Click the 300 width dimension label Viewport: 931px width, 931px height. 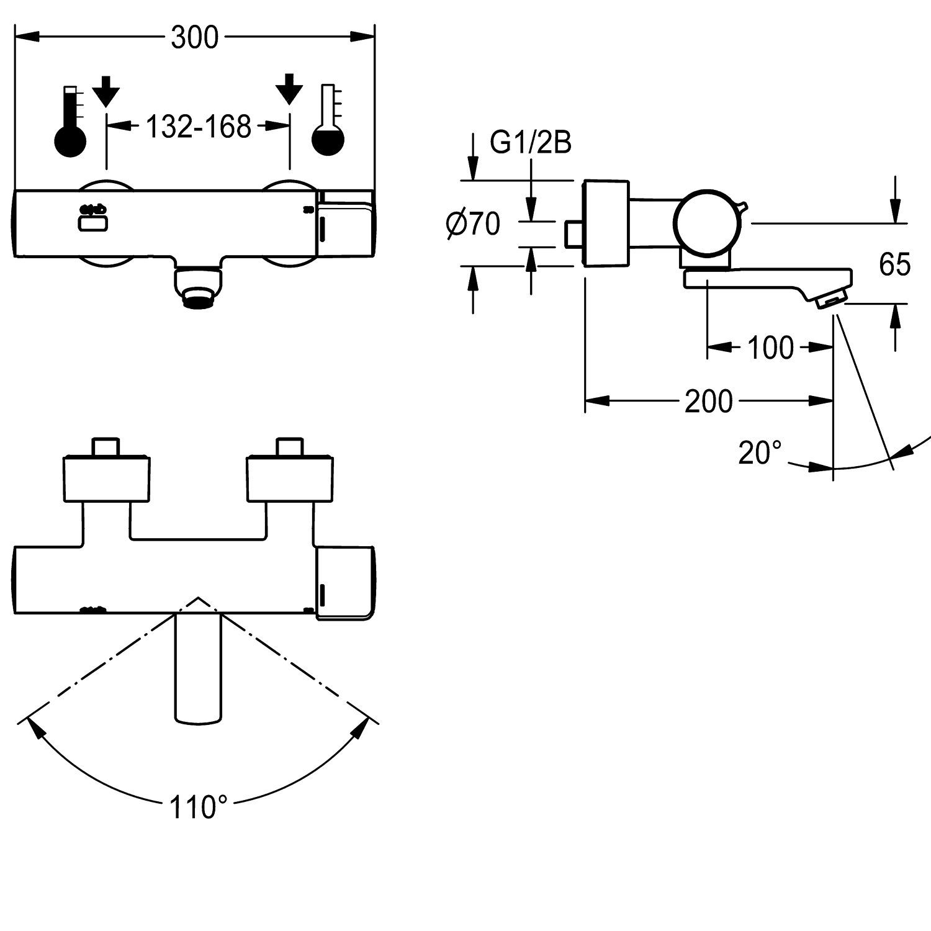coord(194,38)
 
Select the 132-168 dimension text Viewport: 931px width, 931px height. coord(198,127)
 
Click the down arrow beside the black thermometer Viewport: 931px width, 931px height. coord(106,89)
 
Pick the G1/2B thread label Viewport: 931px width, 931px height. coord(530,143)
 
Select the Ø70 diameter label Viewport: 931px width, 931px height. coord(472,224)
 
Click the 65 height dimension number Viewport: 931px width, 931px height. coord(894,264)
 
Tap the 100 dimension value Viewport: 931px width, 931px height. coord(770,348)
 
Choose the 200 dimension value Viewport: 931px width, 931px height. coord(708,402)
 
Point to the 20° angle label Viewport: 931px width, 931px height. coord(760,453)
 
